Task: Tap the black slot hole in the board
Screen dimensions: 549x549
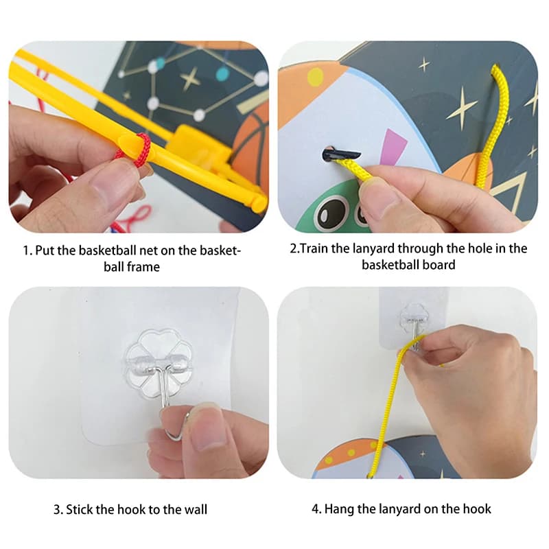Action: (340, 154)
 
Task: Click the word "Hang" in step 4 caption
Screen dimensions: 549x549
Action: (338, 509)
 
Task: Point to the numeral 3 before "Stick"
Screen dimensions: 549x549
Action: (57, 509)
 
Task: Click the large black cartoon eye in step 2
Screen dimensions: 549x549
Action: (330, 213)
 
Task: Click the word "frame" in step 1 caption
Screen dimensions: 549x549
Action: (143, 267)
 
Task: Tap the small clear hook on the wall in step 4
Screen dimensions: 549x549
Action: (414, 323)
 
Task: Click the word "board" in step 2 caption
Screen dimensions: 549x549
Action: (439, 265)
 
